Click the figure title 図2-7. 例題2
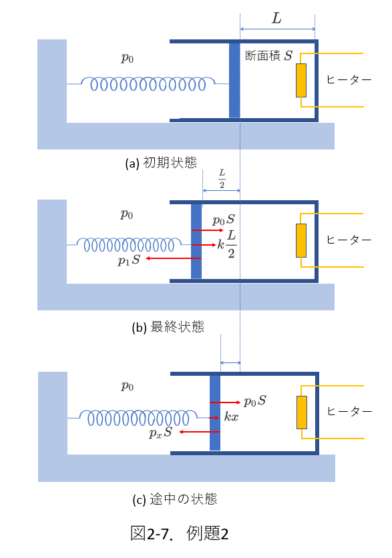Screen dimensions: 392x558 coord(179,533)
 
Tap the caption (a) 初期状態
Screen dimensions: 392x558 coord(161,163)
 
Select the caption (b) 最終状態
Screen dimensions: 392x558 coord(168,326)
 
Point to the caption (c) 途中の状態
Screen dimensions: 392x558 coord(174,499)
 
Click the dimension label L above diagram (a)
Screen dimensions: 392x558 coord(276,18)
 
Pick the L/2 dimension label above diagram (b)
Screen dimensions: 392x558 coord(222,179)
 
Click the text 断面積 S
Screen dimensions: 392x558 coord(269,55)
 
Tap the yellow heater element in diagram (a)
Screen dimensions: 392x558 coord(301,80)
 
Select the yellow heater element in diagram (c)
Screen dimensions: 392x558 coord(302,412)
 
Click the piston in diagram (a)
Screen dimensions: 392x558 coord(234,80)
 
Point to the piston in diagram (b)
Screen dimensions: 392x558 coord(196,241)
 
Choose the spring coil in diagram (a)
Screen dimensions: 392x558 coord(148,84)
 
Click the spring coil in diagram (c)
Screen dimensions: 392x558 coord(138,418)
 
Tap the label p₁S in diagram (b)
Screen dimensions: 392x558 coord(129,260)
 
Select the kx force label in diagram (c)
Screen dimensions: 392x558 coord(232,416)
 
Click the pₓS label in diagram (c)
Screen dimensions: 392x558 coord(160,433)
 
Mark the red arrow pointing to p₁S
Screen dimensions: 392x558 coord(174,258)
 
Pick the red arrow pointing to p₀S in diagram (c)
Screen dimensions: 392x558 coord(225,402)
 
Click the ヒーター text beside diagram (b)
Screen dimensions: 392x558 coord(349,240)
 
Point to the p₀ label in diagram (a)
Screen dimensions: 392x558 coord(127,57)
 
